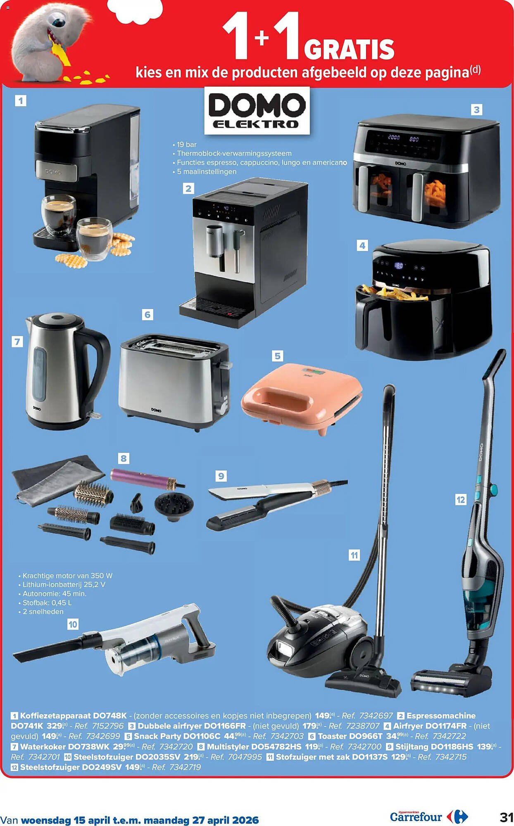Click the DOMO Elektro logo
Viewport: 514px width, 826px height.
point(257,111)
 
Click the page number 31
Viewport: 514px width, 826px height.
point(506,817)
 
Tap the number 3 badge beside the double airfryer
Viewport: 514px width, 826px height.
point(476,110)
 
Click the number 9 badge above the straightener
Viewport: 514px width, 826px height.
point(221,476)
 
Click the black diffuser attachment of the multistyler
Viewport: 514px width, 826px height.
point(174,507)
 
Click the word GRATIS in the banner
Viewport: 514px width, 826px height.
point(349,50)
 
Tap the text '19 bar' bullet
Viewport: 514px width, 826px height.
point(186,145)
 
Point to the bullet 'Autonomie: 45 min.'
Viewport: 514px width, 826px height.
point(54,593)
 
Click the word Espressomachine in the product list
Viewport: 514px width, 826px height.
point(441,716)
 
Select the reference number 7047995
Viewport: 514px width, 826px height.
point(245,757)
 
